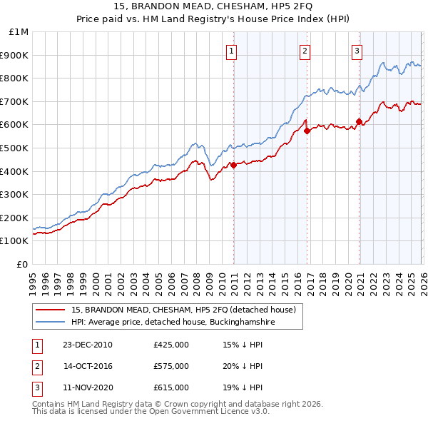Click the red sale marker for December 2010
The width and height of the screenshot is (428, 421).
pos(233,165)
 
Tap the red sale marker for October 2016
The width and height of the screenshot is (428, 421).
pos(307,131)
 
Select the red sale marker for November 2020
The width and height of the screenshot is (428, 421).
pos(359,121)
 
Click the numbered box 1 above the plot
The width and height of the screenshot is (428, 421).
pos(233,51)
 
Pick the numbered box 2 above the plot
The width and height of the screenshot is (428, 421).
pos(305,51)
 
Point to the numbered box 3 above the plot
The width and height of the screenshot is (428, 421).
pos(357,51)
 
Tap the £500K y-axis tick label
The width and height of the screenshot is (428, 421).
pos(15,148)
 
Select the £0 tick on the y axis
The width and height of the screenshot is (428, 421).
pos(22,264)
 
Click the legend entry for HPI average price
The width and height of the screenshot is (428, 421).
pos(162,323)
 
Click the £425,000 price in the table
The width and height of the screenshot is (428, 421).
pos(170,345)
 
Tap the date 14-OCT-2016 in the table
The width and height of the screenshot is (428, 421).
pos(88,366)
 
